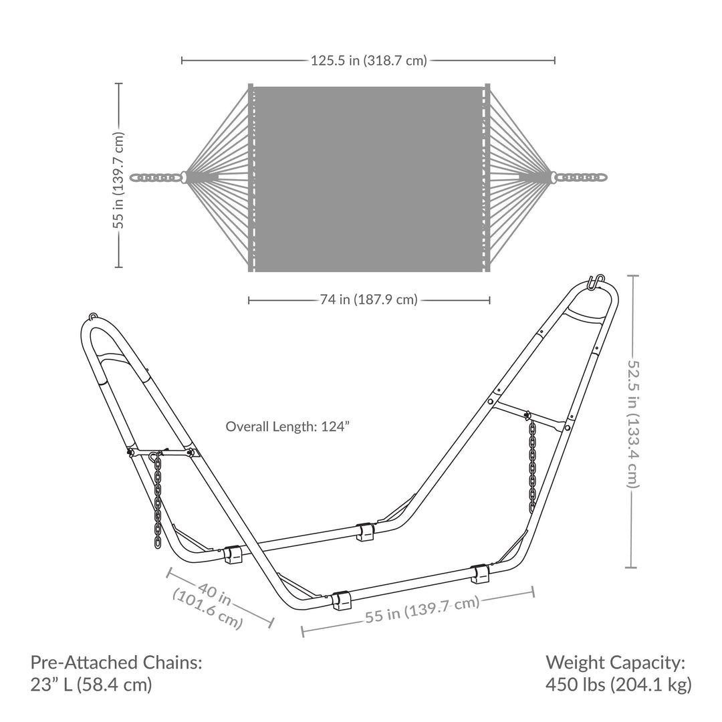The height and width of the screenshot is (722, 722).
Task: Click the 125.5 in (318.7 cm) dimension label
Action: pyautogui.click(x=369, y=60)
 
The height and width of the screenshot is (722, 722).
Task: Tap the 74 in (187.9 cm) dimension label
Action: pyautogui.click(x=369, y=299)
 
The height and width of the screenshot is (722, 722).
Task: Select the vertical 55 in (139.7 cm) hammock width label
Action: pyautogui.click(x=119, y=180)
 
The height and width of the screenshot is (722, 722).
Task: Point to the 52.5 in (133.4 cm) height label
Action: pyautogui.click(x=633, y=424)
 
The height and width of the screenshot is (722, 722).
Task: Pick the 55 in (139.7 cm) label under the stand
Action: pyautogui.click(x=423, y=609)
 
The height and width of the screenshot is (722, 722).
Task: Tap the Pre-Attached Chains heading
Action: pyautogui.click(x=116, y=663)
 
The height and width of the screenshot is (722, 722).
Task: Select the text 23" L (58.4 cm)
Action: pyautogui.click(x=91, y=685)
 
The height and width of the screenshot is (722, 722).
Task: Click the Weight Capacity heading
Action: pyautogui.click(x=616, y=663)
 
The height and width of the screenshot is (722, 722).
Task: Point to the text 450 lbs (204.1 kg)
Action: pyautogui.click(x=618, y=685)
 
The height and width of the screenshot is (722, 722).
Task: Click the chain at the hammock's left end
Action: pyautogui.click(x=154, y=177)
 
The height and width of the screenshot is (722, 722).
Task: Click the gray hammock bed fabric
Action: pyautogui.click(x=369, y=179)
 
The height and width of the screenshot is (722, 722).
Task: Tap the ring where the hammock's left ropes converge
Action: pyautogui.click(x=184, y=177)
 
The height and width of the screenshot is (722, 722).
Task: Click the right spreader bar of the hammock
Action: pyautogui.click(x=487, y=178)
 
